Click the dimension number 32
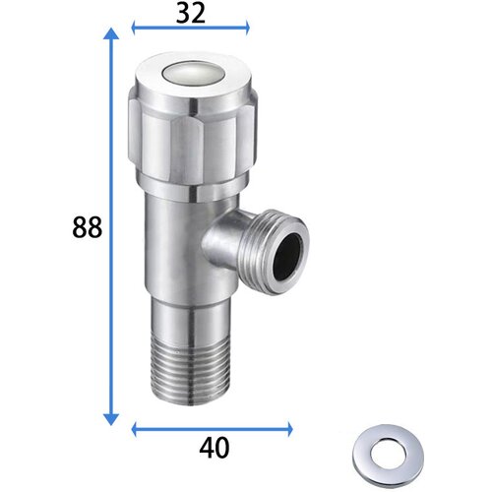pyautogui.click(x=191, y=14)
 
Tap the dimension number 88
pyautogui.click(x=88, y=227)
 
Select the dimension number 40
pyautogui.click(x=215, y=448)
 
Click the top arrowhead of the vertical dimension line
pyautogui.click(x=111, y=34)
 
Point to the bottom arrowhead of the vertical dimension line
pyautogui.click(x=111, y=419)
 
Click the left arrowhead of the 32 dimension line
pyautogui.click(x=134, y=28)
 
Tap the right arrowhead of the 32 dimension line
pyautogui.click(x=247, y=28)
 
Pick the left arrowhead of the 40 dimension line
pyautogui.click(x=134, y=428)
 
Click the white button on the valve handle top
pyautogui.click(x=191, y=75)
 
